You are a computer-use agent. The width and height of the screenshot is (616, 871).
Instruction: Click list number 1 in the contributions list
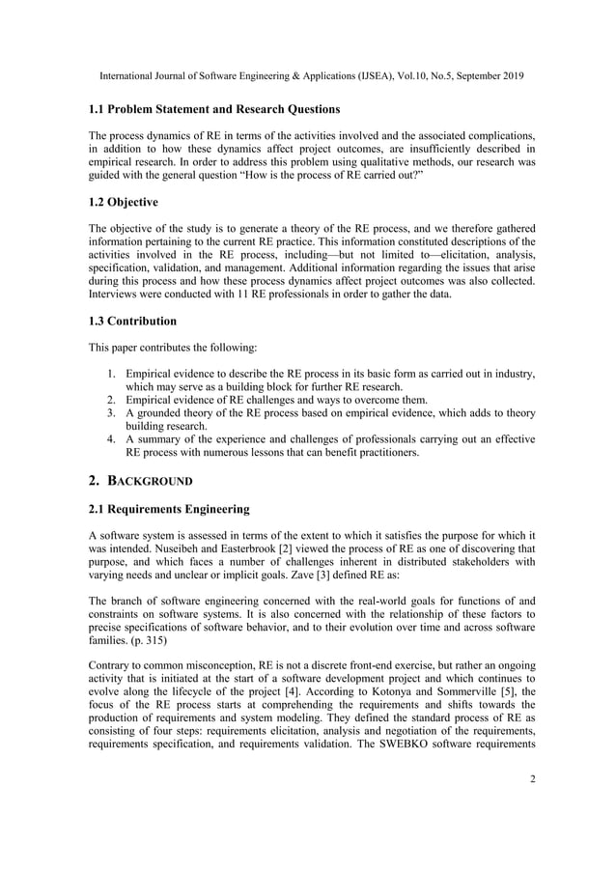(111, 373)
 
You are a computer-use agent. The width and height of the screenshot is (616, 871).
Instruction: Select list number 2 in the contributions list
(111, 400)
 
